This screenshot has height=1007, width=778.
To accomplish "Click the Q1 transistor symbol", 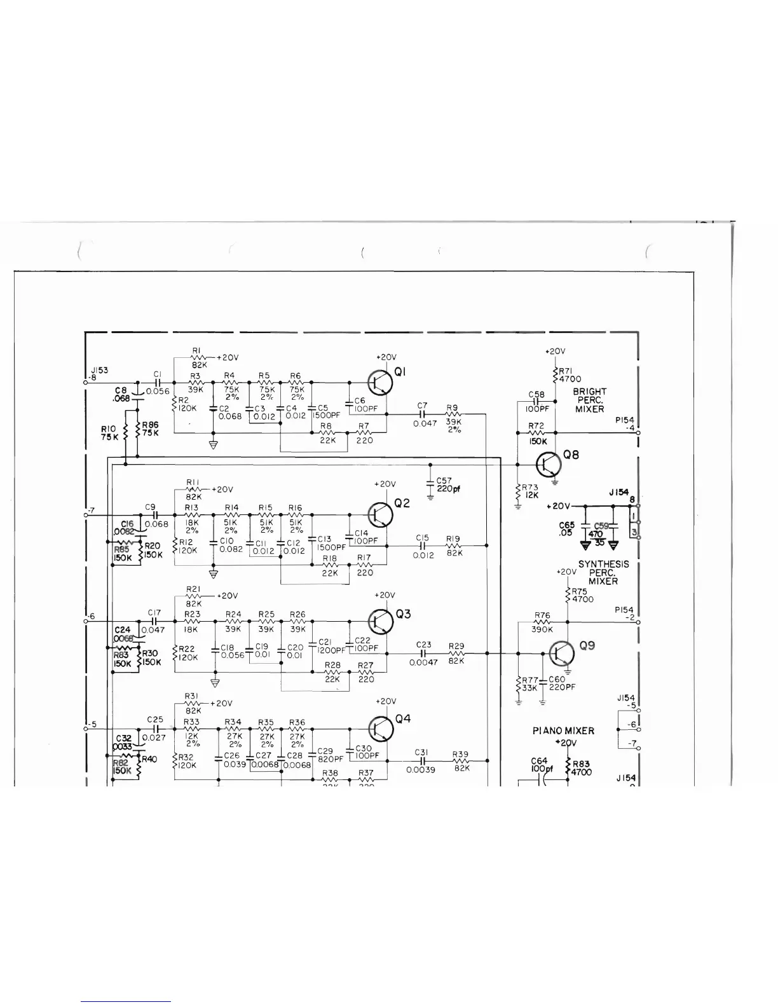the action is [380, 382].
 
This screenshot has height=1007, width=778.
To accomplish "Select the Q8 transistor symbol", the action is [549, 465].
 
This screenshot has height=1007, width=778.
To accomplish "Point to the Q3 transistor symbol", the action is [381, 621].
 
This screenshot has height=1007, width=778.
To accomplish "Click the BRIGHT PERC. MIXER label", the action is [590, 401].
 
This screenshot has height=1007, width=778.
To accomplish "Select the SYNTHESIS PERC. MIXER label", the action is [603, 572].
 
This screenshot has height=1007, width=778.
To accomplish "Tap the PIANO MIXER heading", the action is [563, 731].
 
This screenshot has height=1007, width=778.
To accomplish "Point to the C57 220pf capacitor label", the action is [448, 485].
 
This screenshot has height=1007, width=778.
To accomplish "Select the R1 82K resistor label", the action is [196, 358].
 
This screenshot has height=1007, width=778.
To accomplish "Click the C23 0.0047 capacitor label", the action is [423, 653].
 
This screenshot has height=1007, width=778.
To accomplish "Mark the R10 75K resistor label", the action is [109, 433].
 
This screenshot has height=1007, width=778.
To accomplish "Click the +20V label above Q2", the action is [385, 484].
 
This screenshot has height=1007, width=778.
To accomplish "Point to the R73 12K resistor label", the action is [530, 491].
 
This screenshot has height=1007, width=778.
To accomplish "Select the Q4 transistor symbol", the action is [381, 729].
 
